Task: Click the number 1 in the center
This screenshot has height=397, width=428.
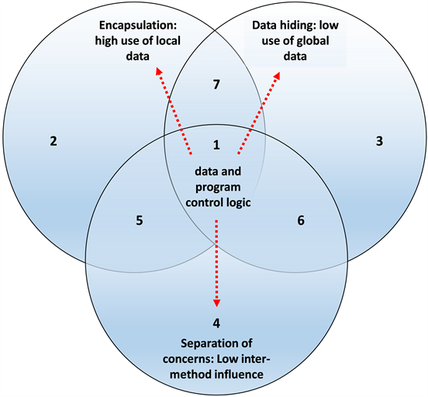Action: click(x=216, y=144)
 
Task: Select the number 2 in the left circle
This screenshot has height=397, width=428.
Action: click(x=53, y=141)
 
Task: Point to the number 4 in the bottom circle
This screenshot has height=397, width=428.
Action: click(x=216, y=320)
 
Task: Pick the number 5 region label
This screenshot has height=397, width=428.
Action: click(x=139, y=220)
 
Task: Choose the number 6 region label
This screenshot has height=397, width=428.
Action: click(x=301, y=220)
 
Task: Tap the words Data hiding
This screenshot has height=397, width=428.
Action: click(x=288, y=24)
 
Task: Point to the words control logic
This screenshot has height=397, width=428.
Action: click(x=216, y=204)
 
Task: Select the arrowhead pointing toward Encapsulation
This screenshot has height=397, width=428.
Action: click(x=158, y=71)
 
